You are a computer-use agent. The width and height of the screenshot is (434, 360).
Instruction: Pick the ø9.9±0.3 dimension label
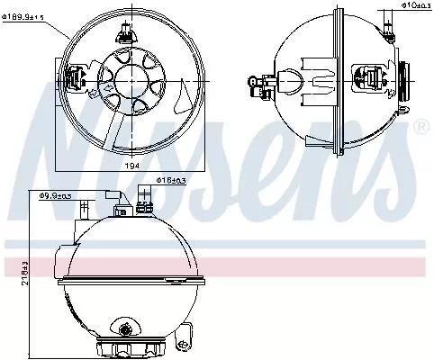56,194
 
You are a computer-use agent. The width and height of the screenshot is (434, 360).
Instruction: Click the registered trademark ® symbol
419,127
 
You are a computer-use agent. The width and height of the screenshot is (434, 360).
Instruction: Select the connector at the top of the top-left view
123,33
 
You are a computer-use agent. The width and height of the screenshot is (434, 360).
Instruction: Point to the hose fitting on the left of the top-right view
261,83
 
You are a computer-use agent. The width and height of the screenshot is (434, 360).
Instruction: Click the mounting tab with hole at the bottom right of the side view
185,335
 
